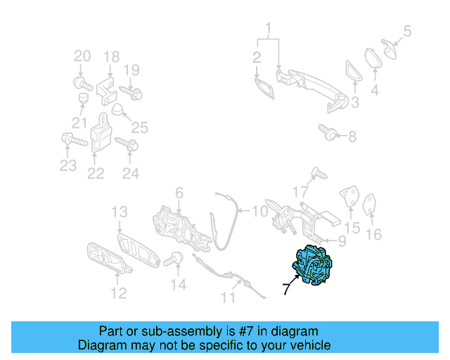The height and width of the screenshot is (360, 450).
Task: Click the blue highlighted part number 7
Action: coord(312,265)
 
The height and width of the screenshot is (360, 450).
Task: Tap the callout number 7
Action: coord(286,289)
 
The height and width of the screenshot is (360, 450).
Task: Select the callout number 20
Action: coord(82,56)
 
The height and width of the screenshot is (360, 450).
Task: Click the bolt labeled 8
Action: coord(328,132)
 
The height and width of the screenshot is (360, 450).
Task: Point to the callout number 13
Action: coord(120,212)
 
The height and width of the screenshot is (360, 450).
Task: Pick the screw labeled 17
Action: coord(319,173)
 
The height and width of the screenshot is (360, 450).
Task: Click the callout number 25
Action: coord(140,128)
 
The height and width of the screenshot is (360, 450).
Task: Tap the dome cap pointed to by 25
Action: coord(117,109)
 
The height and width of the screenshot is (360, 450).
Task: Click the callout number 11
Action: coord(228,297)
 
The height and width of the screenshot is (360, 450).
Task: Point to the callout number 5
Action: coord(408,31)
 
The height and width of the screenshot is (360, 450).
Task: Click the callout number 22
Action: coord(96,173)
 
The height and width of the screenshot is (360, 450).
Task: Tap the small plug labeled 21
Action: coord(84,98)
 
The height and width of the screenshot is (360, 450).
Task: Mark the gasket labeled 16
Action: coord(369,204)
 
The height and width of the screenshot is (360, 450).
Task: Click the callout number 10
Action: coord(259,212)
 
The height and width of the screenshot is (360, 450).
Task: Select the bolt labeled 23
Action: coord(75,139)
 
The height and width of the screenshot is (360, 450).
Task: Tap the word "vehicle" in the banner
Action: coord(312,345)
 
